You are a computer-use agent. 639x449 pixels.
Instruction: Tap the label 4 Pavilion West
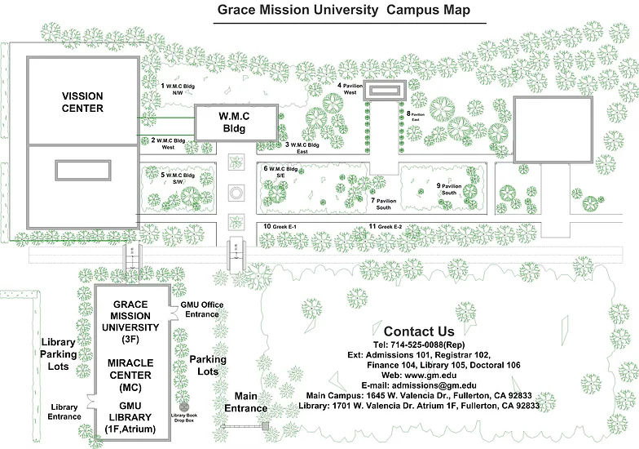click(351, 88)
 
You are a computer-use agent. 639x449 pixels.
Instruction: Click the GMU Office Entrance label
click(201, 309)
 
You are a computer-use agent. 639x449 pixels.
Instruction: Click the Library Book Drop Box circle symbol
click(184, 406)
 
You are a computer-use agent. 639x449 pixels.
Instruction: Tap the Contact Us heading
click(418, 331)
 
